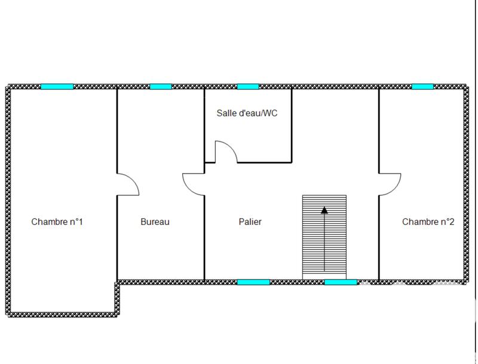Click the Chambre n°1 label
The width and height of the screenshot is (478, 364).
(x=57, y=222)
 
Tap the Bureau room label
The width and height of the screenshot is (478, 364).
(x=155, y=222)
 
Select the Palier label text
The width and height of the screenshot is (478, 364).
(x=250, y=222)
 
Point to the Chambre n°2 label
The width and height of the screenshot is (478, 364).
(x=428, y=222)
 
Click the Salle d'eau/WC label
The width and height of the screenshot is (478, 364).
(x=247, y=113)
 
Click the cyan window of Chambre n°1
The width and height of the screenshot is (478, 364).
(x=57, y=87)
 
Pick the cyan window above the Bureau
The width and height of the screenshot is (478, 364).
(x=160, y=87)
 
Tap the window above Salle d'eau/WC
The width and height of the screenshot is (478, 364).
(x=247, y=87)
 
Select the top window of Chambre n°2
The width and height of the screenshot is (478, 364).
(x=422, y=87)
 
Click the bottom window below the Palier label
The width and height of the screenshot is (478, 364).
(x=253, y=282)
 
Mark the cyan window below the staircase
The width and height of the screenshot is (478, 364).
(x=341, y=282)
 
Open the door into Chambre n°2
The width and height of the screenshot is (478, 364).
(x=390, y=184)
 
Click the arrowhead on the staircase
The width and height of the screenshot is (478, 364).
(x=324, y=209)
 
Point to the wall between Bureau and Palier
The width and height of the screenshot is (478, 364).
(x=205, y=239)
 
